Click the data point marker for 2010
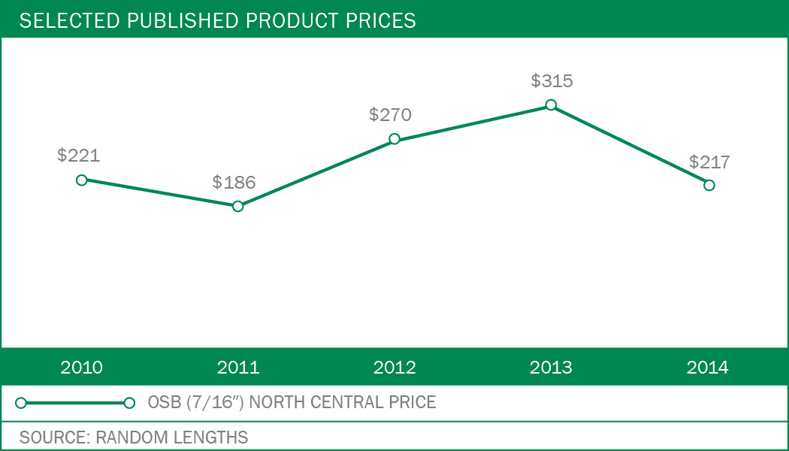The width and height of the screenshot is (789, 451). (x=82, y=180)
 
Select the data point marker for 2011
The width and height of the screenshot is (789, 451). (x=238, y=206)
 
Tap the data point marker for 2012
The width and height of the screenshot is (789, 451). (x=394, y=139)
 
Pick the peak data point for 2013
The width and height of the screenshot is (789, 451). (x=551, y=105)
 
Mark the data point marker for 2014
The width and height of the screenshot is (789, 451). (x=709, y=185)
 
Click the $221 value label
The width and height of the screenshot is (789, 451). (x=79, y=156)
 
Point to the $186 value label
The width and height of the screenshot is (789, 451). (x=234, y=182)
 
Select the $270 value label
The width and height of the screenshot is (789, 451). (x=391, y=115)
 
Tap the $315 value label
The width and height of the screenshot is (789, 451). (x=552, y=81)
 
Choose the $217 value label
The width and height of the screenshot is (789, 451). (x=709, y=162)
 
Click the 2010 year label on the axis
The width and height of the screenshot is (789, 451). (x=82, y=368)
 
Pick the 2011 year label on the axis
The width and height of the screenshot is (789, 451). (x=238, y=368)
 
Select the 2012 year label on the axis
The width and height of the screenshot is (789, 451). (x=394, y=368)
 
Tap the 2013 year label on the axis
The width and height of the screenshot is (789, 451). (x=551, y=368)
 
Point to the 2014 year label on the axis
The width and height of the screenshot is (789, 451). (x=708, y=368)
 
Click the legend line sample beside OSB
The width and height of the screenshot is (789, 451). (x=75, y=403)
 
